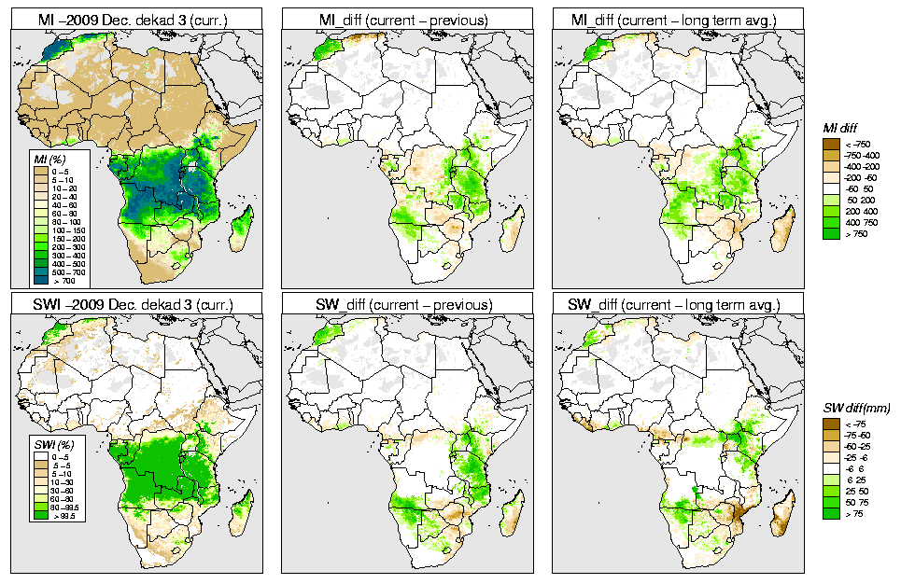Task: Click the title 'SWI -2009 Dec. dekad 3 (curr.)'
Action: click(x=134, y=304)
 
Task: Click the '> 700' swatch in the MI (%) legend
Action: click(x=40, y=280)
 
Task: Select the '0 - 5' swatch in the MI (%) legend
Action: click(x=40, y=172)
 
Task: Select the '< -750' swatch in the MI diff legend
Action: click(x=828, y=145)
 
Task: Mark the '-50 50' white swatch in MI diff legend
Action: click(x=828, y=188)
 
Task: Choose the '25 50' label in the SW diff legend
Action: click(x=856, y=492)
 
